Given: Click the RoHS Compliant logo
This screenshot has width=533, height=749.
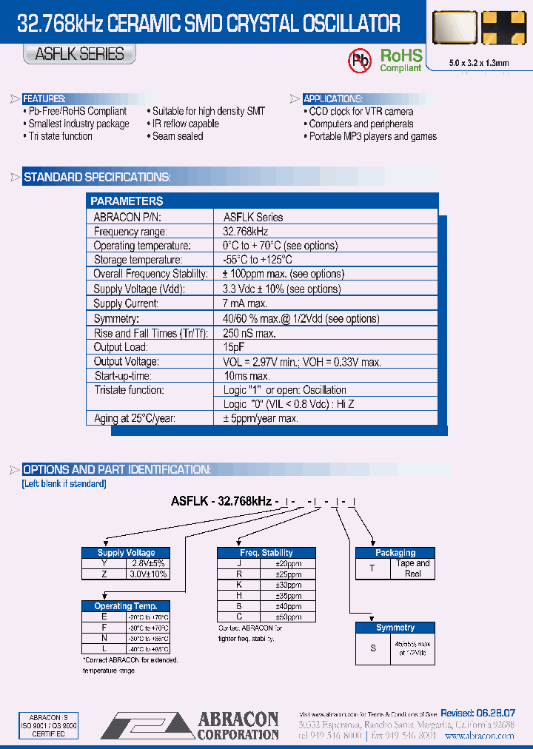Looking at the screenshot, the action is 400,59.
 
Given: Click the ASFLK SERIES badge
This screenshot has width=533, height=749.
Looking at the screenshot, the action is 79,54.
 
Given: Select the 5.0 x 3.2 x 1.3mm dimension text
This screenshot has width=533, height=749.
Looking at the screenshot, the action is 479,63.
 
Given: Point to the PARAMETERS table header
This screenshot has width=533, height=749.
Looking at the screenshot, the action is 127,201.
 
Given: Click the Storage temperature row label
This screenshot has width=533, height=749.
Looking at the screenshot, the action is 138,260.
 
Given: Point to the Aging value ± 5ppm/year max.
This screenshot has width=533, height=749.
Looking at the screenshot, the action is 261,419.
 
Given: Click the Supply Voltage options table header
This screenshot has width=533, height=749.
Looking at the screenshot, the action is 126,553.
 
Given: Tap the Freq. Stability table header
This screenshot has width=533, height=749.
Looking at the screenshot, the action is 266,553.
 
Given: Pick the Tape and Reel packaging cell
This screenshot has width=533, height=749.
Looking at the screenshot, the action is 412,568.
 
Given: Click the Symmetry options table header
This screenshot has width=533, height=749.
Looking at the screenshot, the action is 395,628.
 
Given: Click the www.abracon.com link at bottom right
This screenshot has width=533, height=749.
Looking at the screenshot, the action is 479,736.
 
